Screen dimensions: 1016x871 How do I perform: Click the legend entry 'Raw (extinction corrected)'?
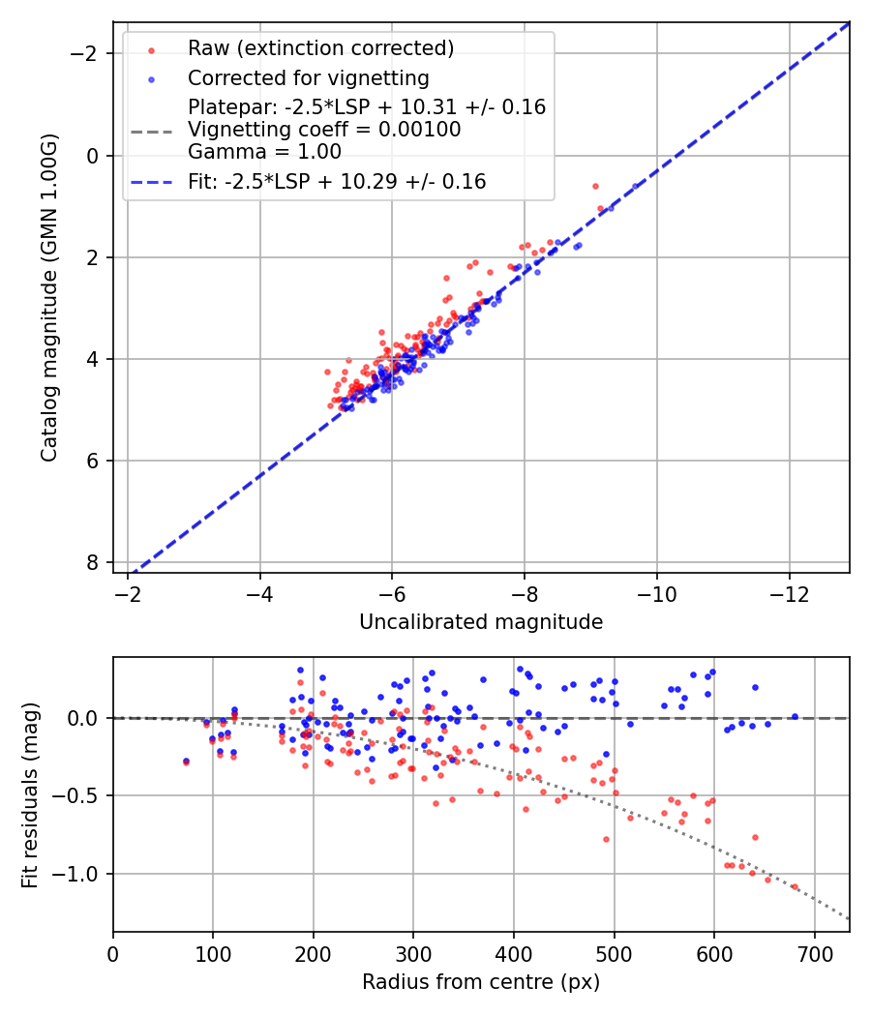pos(320,48)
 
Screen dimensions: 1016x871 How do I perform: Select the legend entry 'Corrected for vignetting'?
pos(308,77)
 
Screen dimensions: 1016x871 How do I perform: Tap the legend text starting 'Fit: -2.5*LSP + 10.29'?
pos(337,181)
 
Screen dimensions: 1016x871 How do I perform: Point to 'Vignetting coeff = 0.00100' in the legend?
pos(324,130)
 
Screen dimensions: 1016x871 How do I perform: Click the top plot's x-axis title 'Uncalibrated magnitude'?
pos(481,622)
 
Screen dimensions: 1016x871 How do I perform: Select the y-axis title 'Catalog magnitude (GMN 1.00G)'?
pos(49,297)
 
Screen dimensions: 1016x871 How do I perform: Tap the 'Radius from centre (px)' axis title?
pos(481,982)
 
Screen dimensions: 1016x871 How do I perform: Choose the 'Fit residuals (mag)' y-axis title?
pos(30,794)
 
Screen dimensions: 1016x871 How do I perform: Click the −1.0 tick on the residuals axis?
pos(81,874)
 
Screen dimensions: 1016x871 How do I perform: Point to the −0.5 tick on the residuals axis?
pos(81,795)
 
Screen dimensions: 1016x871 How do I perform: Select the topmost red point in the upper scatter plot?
pos(595,186)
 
